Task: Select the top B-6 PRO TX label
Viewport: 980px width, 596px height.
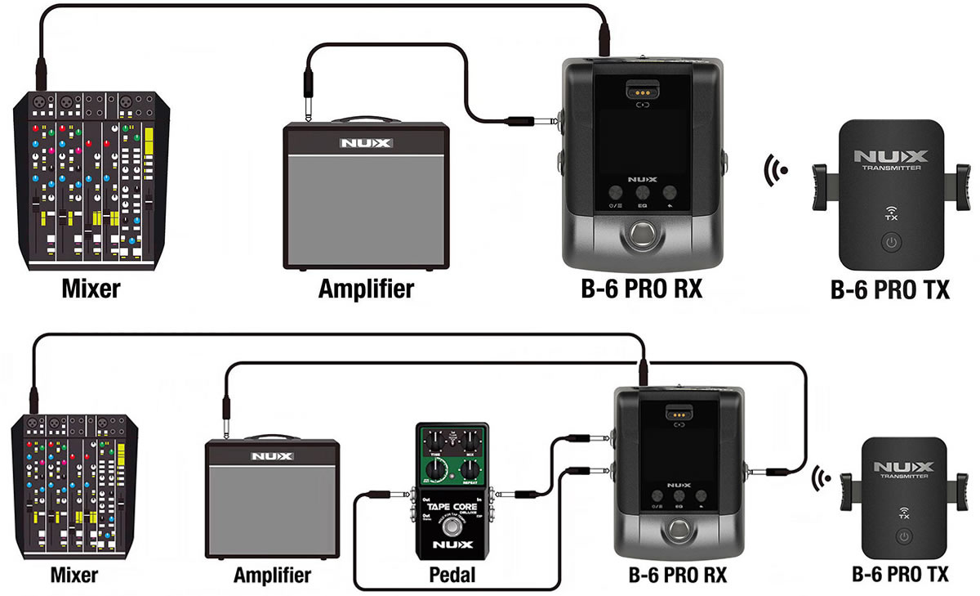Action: [x=889, y=289]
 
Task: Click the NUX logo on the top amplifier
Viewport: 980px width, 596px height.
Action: [x=366, y=143]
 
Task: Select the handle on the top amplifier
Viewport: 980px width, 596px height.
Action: [x=366, y=119]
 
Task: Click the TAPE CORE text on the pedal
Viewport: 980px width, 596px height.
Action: [x=452, y=507]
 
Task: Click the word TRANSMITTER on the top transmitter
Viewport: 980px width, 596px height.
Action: [x=891, y=168]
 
